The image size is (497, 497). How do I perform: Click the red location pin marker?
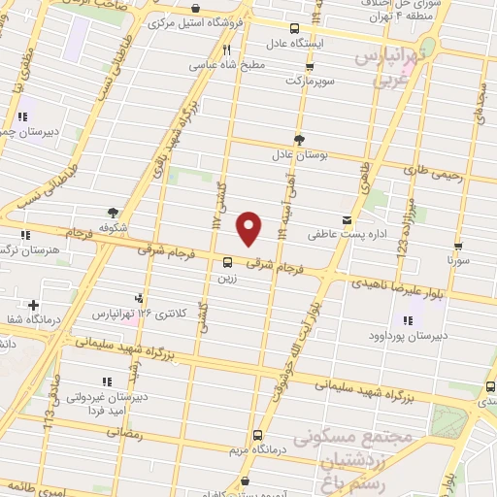point(249,228)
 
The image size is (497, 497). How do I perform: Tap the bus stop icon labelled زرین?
point(228,261)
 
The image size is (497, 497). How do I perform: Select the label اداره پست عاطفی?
point(307,234)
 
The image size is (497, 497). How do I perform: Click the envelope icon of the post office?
point(348,219)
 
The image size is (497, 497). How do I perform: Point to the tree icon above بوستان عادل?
point(298,139)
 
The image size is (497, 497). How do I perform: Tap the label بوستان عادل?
point(295,153)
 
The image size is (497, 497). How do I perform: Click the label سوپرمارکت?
point(309,83)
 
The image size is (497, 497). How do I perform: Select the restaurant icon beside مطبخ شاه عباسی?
point(226,50)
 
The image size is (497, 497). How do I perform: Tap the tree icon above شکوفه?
point(115,212)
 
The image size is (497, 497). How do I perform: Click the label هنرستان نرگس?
point(30,249)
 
